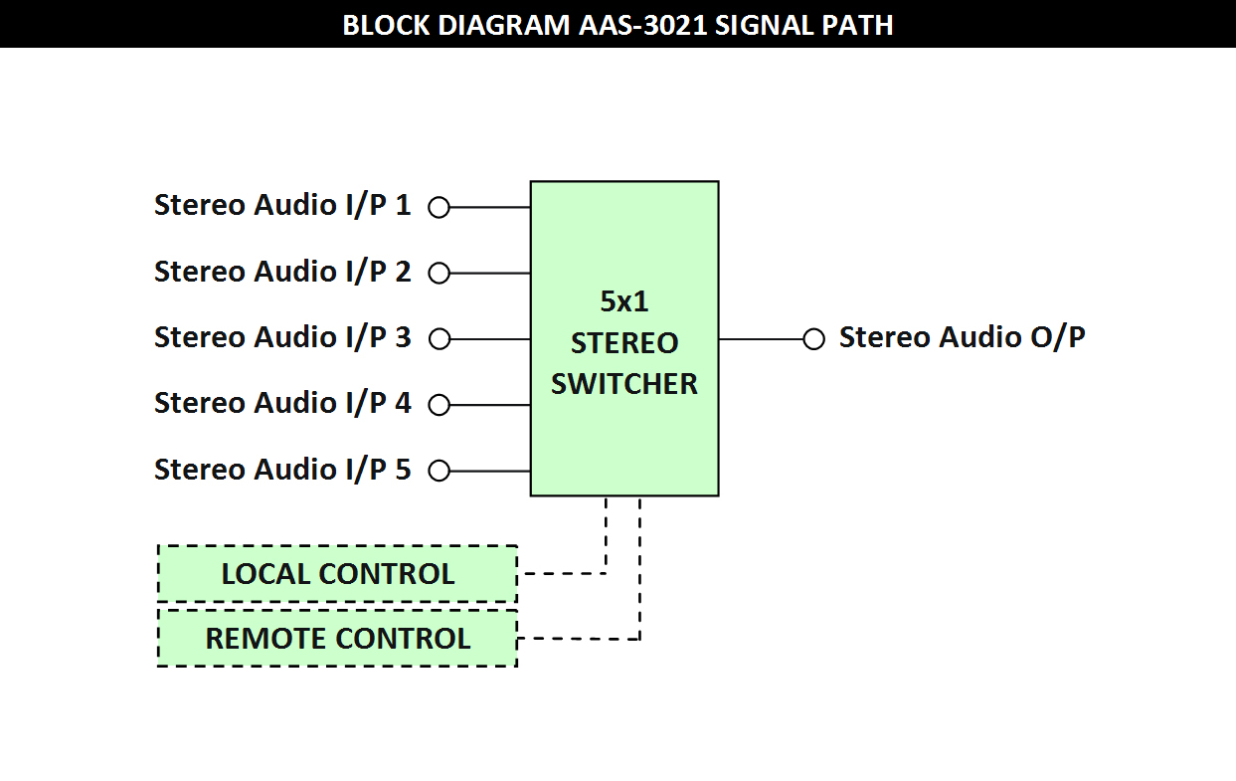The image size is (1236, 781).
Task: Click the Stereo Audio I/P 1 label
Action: pyautogui.click(x=282, y=205)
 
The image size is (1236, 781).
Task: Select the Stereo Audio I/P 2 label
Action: pyautogui.click(x=282, y=272)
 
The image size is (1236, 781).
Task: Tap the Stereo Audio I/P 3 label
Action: pyautogui.click(x=282, y=337)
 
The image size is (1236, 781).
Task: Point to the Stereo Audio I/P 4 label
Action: pyautogui.click(x=282, y=403)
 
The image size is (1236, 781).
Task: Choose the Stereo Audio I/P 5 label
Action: pyautogui.click(x=282, y=470)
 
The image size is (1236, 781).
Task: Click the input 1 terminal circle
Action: pyautogui.click(x=440, y=208)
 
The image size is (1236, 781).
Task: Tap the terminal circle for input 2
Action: pyautogui.click(x=440, y=274)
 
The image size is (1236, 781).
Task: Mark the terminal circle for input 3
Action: pyautogui.click(x=440, y=339)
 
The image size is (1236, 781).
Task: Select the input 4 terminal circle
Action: pyautogui.click(x=440, y=405)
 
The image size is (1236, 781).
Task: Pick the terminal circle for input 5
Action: pyautogui.click(x=440, y=471)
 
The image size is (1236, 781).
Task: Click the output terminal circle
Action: pyautogui.click(x=813, y=339)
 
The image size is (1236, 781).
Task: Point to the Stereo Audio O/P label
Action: pyautogui.click(x=963, y=337)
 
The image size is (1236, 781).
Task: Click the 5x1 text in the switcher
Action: pyautogui.click(x=624, y=301)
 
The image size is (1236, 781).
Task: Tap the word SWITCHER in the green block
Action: pyautogui.click(x=624, y=384)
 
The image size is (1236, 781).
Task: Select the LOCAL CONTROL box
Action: pyautogui.click(x=338, y=573)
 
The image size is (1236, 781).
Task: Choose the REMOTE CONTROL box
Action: pyautogui.click(x=338, y=638)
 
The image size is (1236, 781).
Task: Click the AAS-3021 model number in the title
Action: pyautogui.click(x=642, y=26)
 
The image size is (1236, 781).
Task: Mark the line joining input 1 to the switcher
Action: pyautogui.click(x=490, y=208)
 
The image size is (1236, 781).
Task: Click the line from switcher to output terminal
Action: pyautogui.click(x=761, y=339)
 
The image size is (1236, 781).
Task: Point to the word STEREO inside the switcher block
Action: pyautogui.click(x=624, y=343)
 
